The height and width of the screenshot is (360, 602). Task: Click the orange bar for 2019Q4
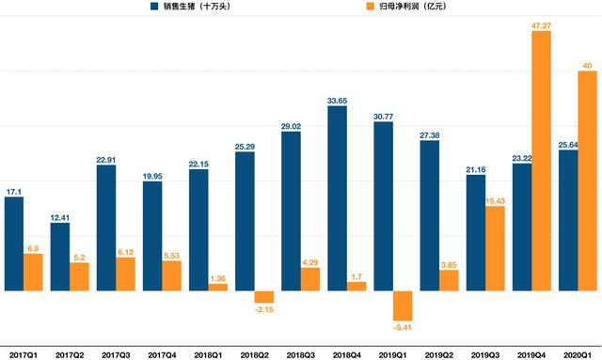(542, 161)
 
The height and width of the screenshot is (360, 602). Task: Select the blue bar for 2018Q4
(337, 198)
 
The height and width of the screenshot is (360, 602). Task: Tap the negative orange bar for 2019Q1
(403, 305)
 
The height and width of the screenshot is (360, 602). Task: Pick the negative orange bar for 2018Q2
(264, 297)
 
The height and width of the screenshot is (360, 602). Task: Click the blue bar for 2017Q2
(60, 257)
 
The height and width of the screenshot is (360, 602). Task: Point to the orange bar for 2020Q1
(587, 180)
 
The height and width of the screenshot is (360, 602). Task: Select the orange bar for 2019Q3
(496, 248)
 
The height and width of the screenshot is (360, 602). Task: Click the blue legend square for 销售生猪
(154, 7)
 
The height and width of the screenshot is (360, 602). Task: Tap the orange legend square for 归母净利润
(370, 7)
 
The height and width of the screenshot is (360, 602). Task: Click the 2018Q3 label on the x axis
(301, 355)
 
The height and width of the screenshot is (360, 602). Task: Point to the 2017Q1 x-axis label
(24, 355)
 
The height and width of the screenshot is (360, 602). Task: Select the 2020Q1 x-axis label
(578, 355)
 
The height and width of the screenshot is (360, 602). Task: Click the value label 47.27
(542, 25)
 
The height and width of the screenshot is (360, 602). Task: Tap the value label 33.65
(337, 101)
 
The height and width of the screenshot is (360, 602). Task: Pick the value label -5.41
(403, 327)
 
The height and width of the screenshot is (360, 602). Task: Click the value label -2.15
(264, 309)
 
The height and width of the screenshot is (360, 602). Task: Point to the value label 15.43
(496, 201)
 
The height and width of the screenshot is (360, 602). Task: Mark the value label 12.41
(60, 218)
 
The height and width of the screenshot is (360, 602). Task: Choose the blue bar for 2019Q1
(384, 207)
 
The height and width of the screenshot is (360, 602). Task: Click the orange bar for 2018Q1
(218, 287)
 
